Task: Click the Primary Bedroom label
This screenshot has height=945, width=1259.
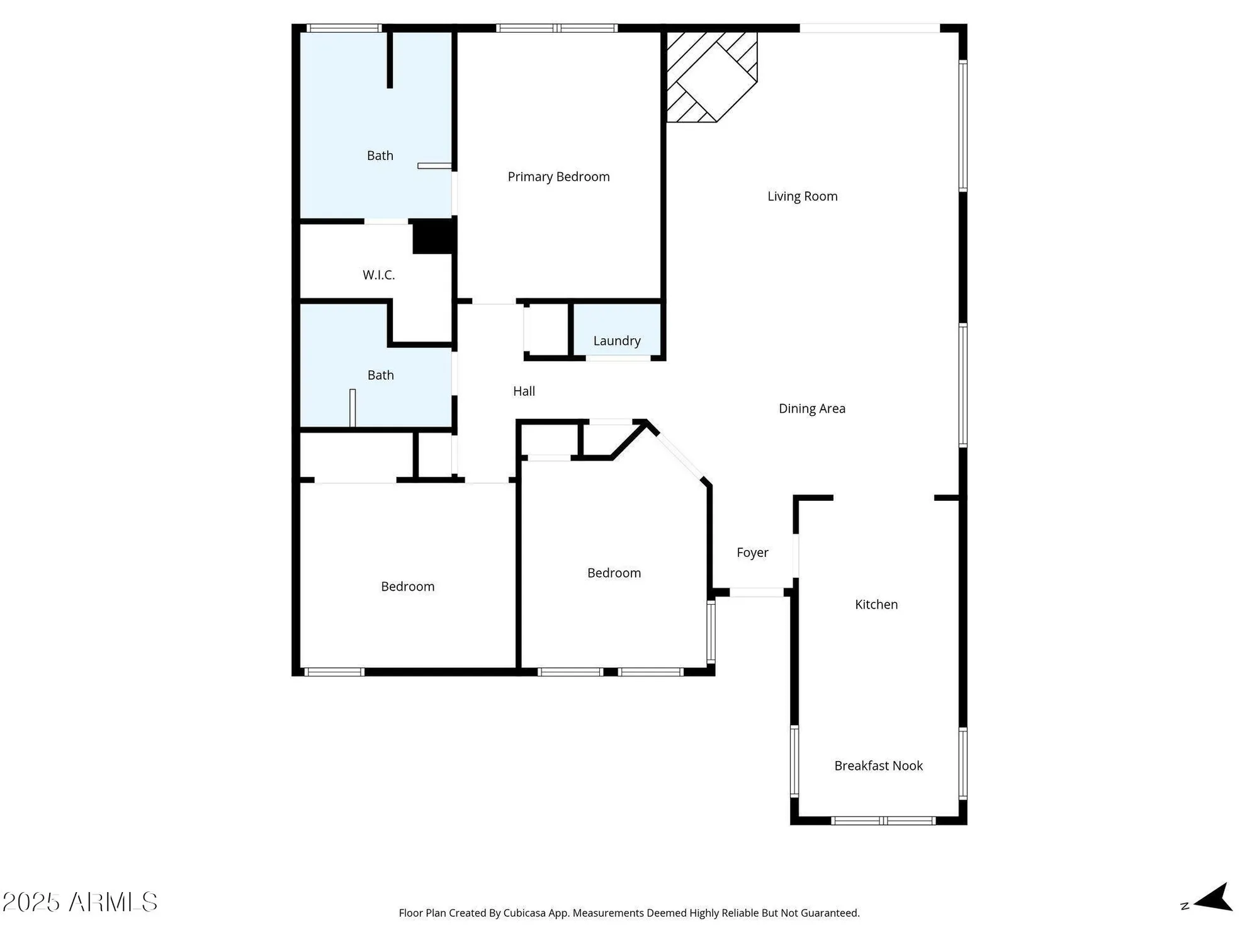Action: (x=558, y=177)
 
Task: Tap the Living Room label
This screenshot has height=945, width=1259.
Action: (x=802, y=197)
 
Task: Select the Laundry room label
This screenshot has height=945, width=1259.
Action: (x=616, y=341)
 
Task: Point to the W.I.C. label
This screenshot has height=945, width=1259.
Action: (x=378, y=275)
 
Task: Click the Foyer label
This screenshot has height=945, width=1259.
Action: (x=752, y=553)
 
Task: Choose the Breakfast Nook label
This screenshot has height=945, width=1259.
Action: (x=878, y=766)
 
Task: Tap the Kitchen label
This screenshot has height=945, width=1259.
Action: (x=876, y=605)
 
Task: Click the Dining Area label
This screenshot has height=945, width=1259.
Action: (x=811, y=409)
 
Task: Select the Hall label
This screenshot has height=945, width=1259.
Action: (x=524, y=391)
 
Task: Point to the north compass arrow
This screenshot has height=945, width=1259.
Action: (x=1212, y=898)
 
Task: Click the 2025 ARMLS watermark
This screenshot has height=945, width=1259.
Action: (x=80, y=902)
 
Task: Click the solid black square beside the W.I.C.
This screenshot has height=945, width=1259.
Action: (x=433, y=236)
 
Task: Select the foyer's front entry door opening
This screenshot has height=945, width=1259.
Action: (x=756, y=592)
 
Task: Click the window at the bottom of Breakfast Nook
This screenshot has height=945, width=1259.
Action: (x=883, y=820)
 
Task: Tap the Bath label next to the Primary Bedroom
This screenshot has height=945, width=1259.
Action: (x=380, y=156)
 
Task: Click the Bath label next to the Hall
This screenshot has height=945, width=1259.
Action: (x=380, y=375)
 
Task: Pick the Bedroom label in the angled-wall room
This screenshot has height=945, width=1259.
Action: (x=614, y=573)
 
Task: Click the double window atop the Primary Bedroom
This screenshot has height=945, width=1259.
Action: (x=556, y=28)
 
